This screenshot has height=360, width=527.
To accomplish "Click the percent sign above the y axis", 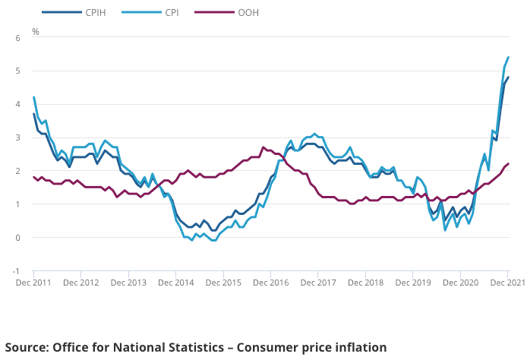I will tap(35, 32).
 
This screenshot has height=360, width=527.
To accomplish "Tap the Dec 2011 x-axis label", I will tap(33, 283).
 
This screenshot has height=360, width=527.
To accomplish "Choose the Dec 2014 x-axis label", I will tap(176, 283).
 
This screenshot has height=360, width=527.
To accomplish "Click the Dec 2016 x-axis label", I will tap(271, 283).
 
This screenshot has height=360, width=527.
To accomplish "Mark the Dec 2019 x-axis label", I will tap(413, 283).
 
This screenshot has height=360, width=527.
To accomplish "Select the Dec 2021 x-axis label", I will tap(506, 283).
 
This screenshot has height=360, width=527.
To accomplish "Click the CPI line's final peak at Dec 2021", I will tap(508, 58).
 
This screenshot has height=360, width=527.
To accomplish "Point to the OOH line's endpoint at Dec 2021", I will tap(508, 164).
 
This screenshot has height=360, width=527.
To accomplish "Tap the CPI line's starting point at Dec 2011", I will tap(33, 97).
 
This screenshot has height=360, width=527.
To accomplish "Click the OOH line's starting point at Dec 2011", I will tap(33, 177).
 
